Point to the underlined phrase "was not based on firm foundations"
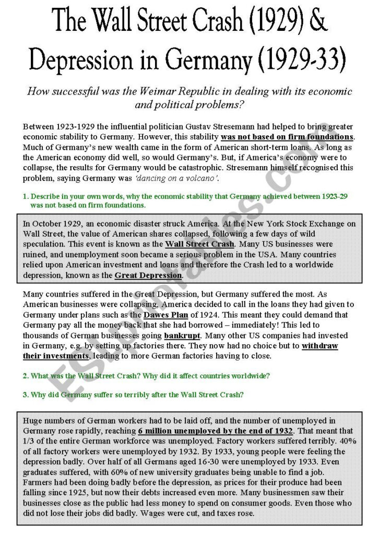click(x=287, y=137)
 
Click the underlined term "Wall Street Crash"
click(x=200, y=244)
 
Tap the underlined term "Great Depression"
click(x=148, y=275)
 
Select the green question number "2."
click(x=26, y=376)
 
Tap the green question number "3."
click(x=26, y=394)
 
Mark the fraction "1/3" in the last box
click(x=29, y=441)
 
